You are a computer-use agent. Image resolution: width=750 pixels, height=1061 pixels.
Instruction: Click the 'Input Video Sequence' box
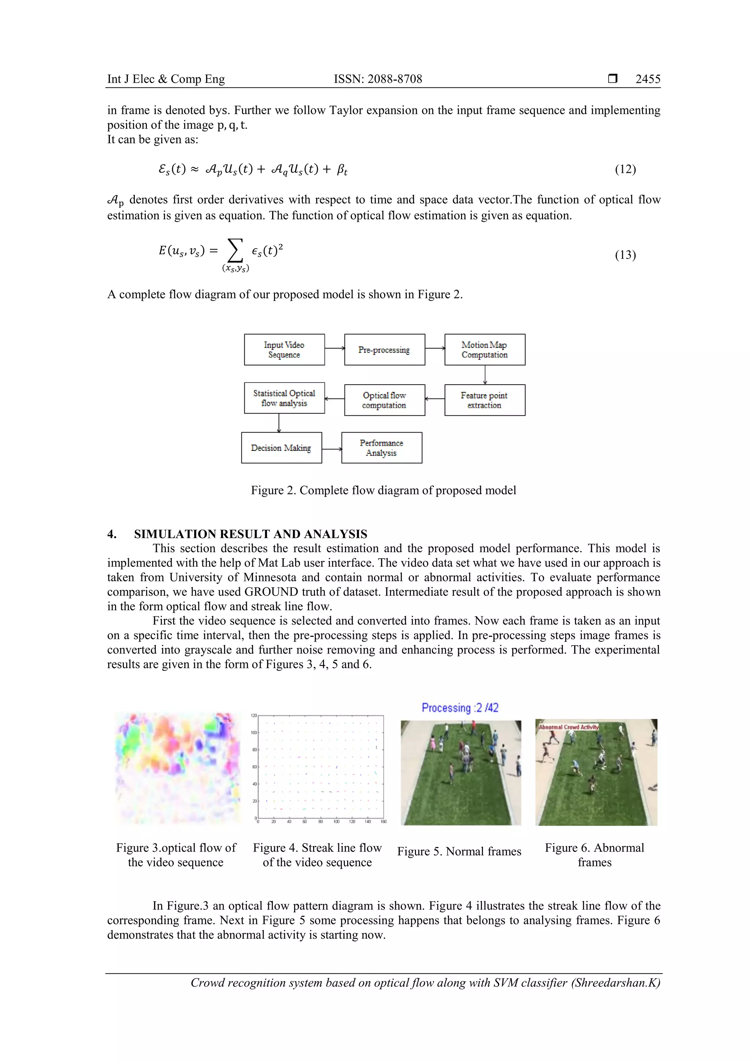click(x=284, y=350)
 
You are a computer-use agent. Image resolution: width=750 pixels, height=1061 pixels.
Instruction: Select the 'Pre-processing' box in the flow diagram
click(x=385, y=350)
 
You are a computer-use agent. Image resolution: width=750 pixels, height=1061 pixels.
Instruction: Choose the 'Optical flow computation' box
click(x=385, y=400)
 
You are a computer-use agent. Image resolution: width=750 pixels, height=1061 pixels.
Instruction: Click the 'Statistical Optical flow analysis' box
click(x=284, y=398)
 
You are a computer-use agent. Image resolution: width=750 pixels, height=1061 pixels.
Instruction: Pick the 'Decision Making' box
click(x=281, y=448)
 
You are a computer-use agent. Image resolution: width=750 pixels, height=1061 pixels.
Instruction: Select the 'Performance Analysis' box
click(x=382, y=448)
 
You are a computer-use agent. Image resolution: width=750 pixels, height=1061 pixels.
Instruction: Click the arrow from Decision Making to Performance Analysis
click(x=332, y=449)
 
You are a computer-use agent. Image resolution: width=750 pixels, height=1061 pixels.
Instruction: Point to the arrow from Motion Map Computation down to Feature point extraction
click(x=485, y=375)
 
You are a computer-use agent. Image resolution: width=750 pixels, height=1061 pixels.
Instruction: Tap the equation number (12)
click(x=625, y=169)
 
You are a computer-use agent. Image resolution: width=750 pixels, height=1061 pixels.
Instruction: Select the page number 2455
click(x=648, y=79)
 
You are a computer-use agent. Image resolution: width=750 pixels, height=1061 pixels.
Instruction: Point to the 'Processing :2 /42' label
click(x=460, y=708)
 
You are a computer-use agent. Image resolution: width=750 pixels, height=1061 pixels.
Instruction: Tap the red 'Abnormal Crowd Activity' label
click(x=568, y=727)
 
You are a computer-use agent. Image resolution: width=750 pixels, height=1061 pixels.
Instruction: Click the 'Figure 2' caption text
click(x=383, y=490)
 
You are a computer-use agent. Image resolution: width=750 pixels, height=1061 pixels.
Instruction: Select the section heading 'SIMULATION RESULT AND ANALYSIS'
click(x=250, y=534)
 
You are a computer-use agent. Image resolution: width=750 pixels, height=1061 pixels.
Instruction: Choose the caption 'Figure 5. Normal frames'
click(x=459, y=852)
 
